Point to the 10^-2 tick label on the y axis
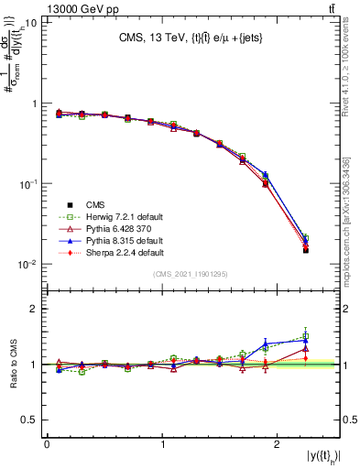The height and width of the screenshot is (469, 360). tap(27, 265)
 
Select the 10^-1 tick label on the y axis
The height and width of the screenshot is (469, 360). tap(27, 184)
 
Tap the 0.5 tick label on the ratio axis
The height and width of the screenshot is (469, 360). tap(31, 420)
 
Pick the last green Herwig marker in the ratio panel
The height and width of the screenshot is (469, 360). tap(305, 336)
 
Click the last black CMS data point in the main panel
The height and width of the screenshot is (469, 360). tap(305, 249)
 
